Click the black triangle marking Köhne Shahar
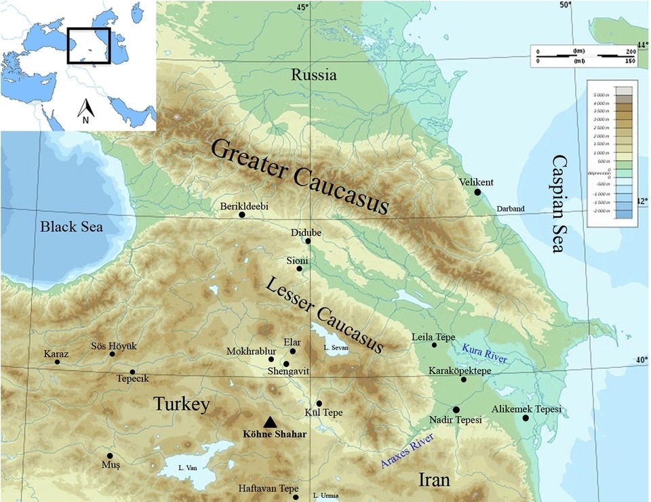(270, 421)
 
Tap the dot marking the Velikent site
(477, 192)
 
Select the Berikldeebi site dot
(242, 215)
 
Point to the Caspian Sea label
(559, 204)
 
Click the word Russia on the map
(313, 75)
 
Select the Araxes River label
(406, 451)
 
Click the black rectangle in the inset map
(88, 46)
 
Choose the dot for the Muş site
(110, 456)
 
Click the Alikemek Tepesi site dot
(526, 418)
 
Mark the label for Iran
(434, 480)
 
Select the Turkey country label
(182, 404)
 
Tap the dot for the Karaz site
(57, 362)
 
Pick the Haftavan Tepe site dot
(296, 497)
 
